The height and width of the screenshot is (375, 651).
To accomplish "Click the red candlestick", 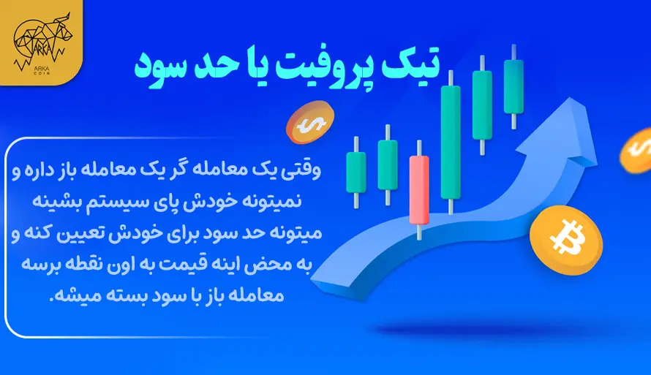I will pos(420,189).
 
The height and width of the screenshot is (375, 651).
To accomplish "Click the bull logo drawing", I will pos(39,37).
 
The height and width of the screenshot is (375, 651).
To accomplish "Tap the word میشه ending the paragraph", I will pos(70,295).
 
